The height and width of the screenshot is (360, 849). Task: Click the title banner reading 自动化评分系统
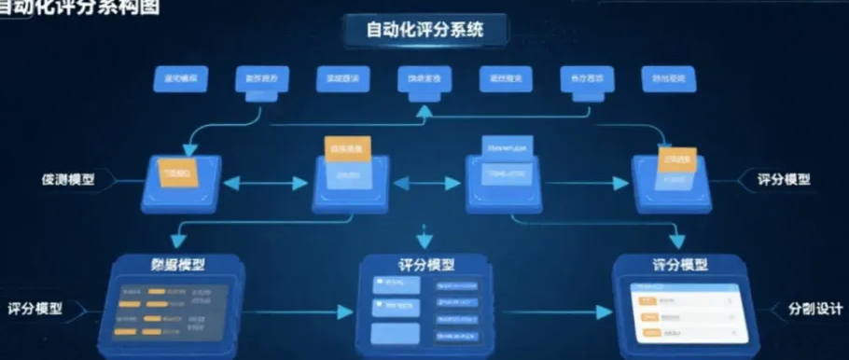424,30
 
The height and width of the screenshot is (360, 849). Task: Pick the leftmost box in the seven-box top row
178,77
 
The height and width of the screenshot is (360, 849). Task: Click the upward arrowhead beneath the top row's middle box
424,110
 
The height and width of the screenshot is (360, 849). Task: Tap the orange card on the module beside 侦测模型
176,174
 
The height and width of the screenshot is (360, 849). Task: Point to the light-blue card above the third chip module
507,146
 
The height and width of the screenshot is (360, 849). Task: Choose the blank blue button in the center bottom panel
394,333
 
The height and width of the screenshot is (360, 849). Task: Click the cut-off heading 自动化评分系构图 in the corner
78,7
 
